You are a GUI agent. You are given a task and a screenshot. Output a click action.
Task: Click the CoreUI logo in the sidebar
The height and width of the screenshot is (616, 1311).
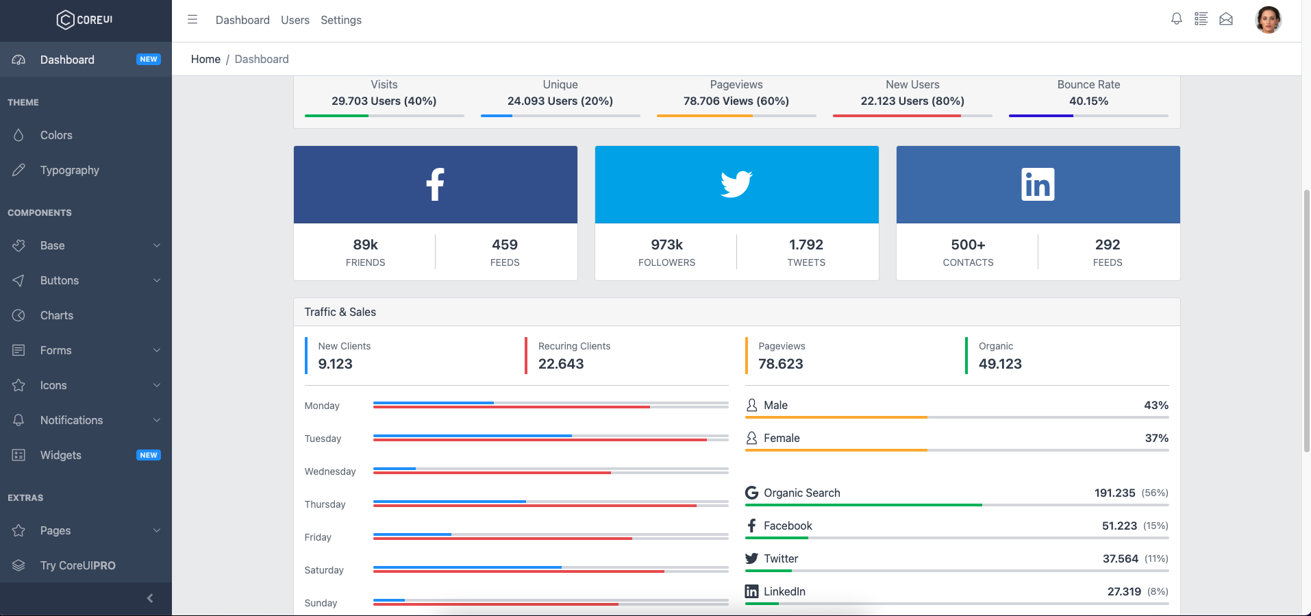[x=85, y=20]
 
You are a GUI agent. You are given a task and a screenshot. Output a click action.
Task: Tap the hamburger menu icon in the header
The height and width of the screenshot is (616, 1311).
[x=192, y=20]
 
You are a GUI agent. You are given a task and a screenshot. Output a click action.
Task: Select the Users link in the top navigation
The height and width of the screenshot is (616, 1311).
[x=295, y=21]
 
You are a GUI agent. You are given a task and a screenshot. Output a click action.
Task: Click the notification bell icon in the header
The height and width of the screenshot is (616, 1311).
[x=1176, y=19]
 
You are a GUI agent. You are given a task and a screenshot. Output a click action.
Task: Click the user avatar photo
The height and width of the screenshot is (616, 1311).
[x=1268, y=20]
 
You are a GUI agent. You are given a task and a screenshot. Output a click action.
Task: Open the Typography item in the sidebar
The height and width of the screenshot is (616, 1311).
[x=69, y=170]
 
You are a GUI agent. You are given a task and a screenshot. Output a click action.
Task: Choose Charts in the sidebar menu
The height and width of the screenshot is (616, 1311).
[x=56, y=315]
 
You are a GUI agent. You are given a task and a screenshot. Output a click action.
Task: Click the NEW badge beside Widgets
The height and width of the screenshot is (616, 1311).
[x=149, y=455]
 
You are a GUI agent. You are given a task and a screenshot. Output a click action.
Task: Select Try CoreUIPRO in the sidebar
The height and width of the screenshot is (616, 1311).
[x=77, y=565]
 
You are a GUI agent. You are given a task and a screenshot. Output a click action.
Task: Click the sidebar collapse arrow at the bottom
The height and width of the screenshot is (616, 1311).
[x=150, y=598]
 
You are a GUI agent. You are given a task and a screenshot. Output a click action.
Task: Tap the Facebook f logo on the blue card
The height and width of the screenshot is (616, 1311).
[x=435, y=184]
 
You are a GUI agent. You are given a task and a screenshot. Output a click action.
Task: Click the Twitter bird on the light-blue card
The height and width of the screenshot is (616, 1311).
[x=736, y=184]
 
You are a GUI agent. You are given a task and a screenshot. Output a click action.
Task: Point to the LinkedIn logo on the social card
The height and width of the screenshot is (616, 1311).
[x=1038, y=184]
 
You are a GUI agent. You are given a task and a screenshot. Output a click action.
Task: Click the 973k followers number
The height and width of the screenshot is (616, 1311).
[x=666, y=245]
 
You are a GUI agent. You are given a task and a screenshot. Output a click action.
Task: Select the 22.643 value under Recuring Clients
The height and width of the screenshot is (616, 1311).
[x=561, y=364]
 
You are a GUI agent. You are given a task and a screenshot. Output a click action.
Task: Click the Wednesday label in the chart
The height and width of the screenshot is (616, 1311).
[x=330, y=471]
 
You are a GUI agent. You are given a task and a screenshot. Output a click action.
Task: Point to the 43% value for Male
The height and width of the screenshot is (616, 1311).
[x=1156, y=405]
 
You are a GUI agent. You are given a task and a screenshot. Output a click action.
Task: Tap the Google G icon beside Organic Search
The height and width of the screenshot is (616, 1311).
[x=751, y=493]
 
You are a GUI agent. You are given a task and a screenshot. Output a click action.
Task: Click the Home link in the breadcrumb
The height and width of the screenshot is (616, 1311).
[x=205, y=59]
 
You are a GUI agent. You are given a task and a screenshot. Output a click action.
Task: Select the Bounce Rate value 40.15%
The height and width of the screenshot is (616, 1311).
[x=1088, y=101]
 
